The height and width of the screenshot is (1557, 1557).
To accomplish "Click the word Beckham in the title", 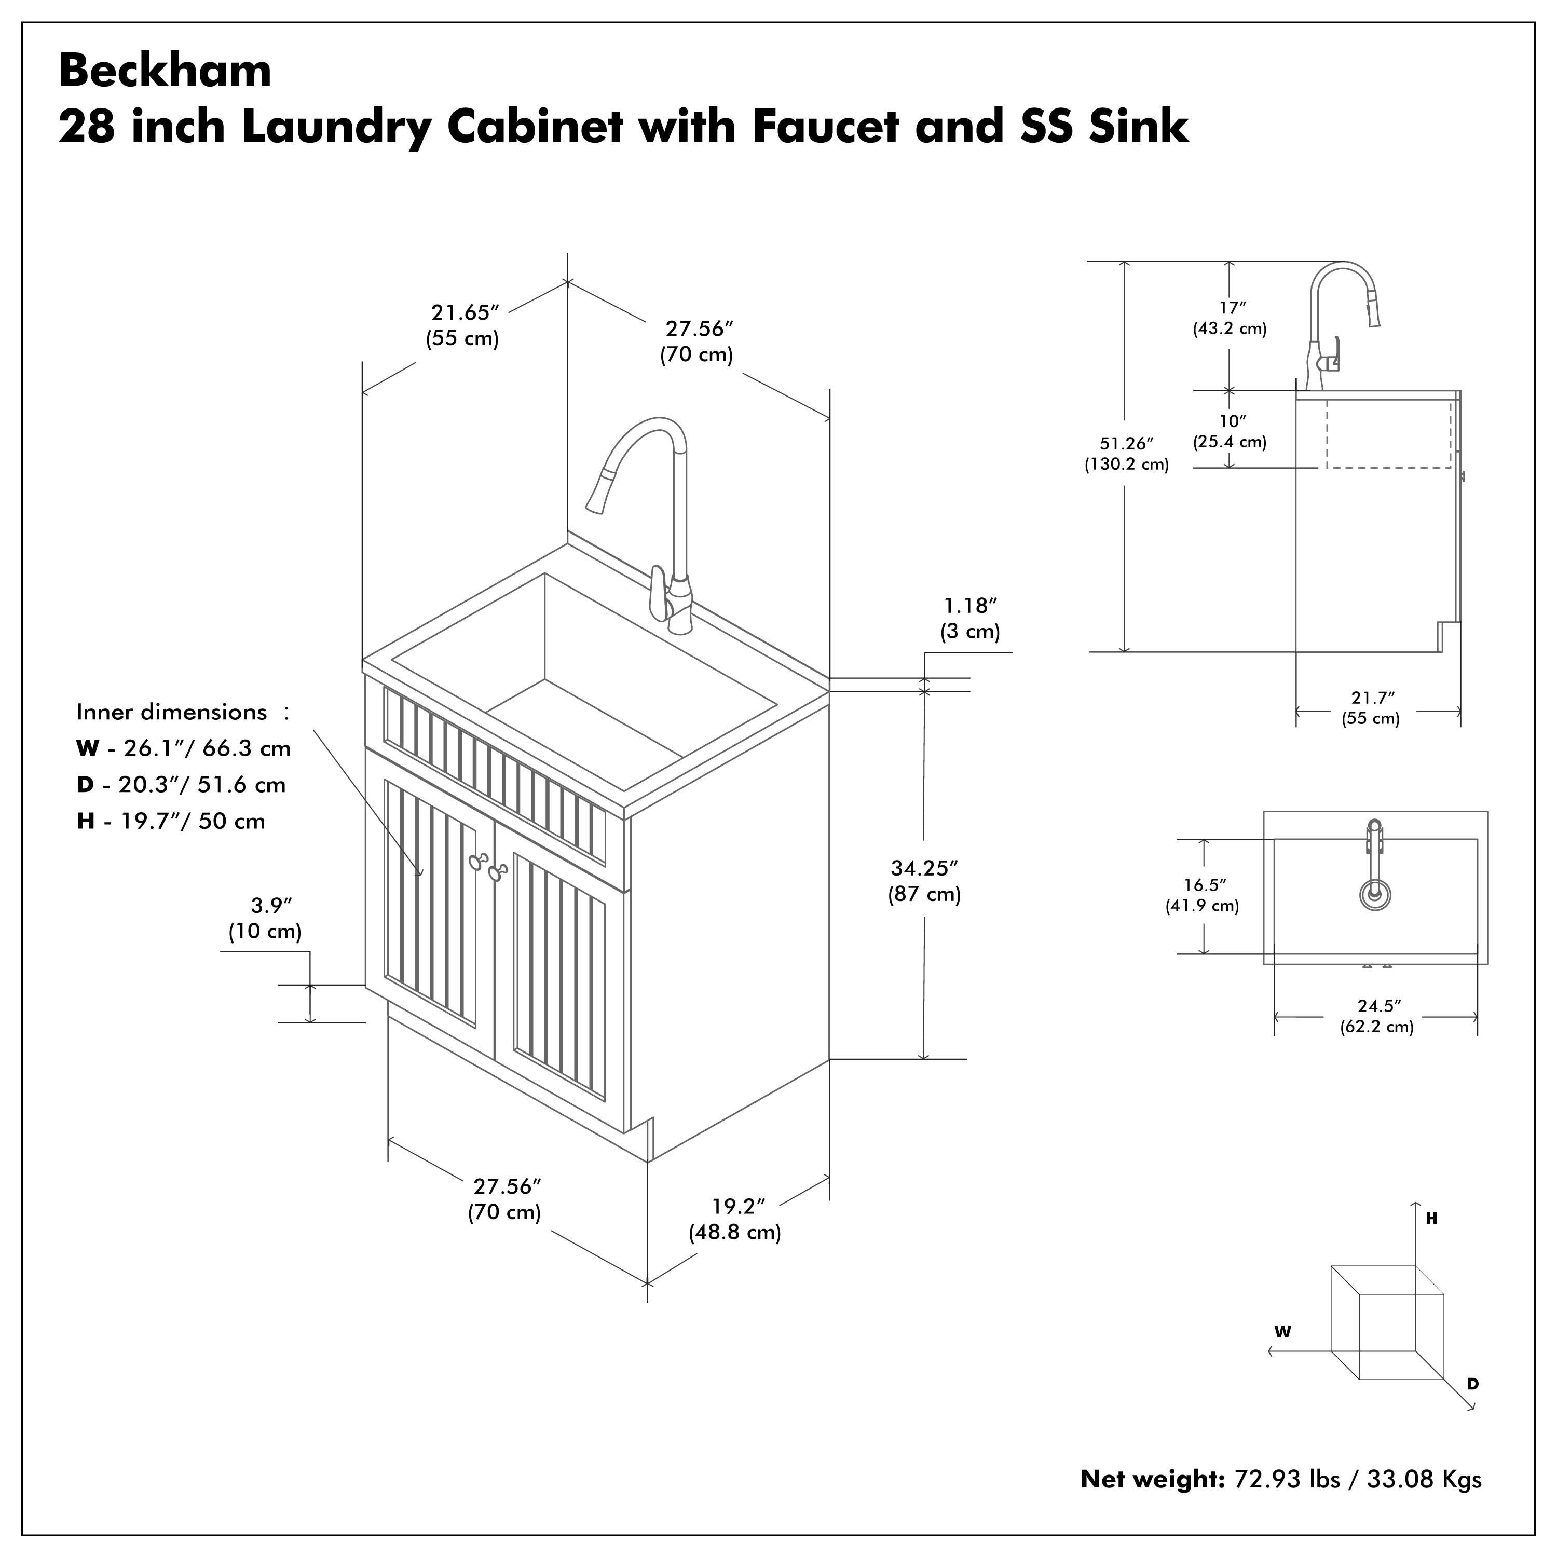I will pos(165,71).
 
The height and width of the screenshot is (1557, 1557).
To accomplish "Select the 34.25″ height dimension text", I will pos(924,868).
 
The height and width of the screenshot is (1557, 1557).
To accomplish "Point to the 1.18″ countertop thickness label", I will pos(971,605).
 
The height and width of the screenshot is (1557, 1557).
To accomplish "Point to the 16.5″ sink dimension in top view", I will pos(1203,885).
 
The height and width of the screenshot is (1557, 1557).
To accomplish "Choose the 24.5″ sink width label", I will pos(1378,1006).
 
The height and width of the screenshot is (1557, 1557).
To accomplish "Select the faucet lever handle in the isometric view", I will pos(659,592).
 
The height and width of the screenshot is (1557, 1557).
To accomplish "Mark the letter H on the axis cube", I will pos(1431,1219).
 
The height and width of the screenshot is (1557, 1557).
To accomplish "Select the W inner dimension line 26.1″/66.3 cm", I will pos(184,749).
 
